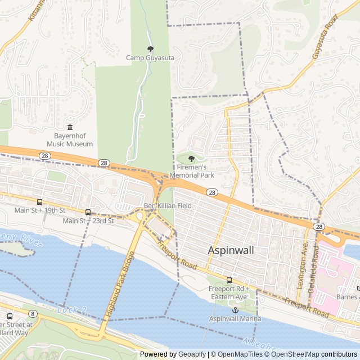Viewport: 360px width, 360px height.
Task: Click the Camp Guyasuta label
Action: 150,57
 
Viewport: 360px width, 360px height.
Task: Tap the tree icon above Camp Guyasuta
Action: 150,49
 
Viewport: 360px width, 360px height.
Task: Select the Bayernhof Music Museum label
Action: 70,139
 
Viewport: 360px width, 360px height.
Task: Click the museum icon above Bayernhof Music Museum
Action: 70,128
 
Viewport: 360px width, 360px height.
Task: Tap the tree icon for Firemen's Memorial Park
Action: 192,159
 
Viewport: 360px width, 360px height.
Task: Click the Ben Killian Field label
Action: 168,206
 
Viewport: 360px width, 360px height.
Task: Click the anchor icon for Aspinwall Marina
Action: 236,310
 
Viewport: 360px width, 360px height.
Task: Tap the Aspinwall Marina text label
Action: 235,319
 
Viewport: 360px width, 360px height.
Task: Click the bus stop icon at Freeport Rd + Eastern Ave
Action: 229,280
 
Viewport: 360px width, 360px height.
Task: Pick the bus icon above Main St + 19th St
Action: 39,202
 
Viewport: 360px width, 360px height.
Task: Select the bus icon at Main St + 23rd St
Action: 88,212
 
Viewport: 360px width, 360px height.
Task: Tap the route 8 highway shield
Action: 33,313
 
